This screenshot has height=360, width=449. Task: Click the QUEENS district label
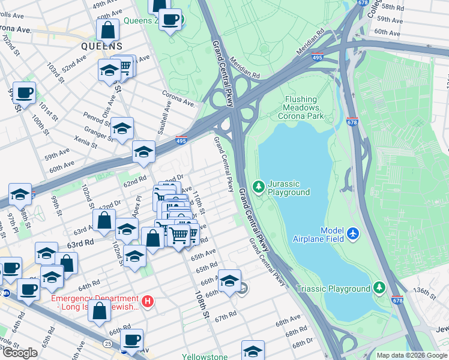102,46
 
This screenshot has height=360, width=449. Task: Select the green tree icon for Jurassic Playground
259,187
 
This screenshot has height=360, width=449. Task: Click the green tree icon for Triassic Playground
379,289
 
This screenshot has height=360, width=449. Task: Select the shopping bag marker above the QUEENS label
107,29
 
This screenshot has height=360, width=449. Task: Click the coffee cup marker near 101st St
24,93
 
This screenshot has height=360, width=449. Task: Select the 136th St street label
424,293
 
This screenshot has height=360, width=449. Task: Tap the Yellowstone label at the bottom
205,356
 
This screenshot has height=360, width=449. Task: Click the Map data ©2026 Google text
412,355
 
